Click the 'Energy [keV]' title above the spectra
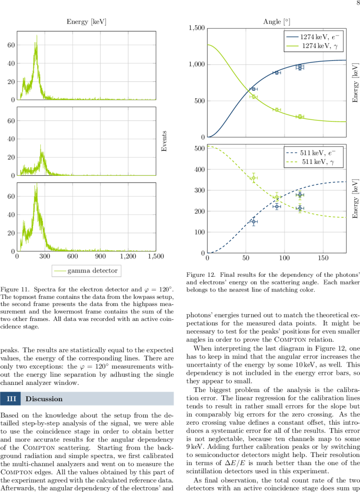click(87, 22)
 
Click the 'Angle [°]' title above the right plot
click(276, 22)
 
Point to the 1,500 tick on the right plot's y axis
click(194, 28)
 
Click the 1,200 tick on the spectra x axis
click(128, 257)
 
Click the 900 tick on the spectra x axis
click(100, 257)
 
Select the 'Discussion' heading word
click(44, 399)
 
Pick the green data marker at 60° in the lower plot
click(253, 178)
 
